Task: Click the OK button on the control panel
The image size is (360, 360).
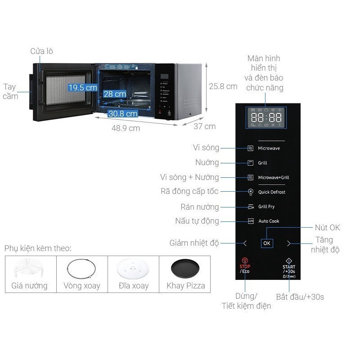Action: click(267, 243)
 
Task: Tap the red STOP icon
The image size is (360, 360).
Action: click(244, 260)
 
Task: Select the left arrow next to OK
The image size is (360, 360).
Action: click(245, 243)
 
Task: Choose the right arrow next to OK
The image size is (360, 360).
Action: click(288, 243)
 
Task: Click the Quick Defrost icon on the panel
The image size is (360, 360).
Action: click(251, 192)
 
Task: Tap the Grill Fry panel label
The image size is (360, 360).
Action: click(266, 207)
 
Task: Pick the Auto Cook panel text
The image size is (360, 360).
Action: click(269, 221)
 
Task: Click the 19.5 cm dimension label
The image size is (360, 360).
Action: click(82, 87)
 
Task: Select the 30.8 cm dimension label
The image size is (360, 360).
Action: click(122, 114)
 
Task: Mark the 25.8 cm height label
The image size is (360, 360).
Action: click(223, 86)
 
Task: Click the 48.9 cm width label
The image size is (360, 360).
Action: click(126, 128)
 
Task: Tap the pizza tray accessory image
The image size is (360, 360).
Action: click(185, 269)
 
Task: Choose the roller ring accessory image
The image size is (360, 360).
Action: click(82, 270)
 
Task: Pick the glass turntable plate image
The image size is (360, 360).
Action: click(133, 270)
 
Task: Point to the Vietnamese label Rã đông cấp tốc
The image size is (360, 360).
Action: click(189, 191)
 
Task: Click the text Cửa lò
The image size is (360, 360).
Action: click(41, 51)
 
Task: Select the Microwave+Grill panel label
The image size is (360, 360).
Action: click(273, 177)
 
